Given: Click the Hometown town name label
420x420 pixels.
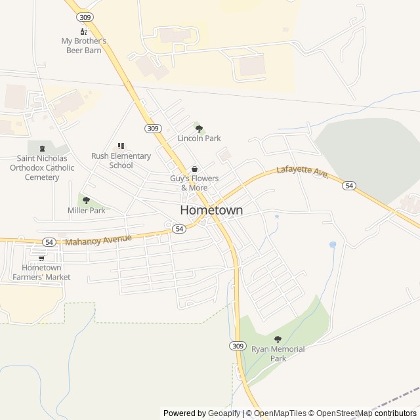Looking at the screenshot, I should click(x=211, y=211).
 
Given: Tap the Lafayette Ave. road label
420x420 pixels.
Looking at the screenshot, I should click(x=302, y=173).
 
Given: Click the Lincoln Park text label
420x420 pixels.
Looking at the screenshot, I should click(x=199, y=138).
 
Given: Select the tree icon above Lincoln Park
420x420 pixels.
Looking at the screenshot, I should click(x=199, y=129).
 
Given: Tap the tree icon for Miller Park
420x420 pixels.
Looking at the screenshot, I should click(x=86, y=200).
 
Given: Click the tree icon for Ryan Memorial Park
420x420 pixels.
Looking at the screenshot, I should click(x=278, y=339).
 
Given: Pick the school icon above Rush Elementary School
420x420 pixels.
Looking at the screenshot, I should click(x=121, y=146).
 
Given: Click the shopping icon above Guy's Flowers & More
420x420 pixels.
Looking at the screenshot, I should click(x=194, y=169).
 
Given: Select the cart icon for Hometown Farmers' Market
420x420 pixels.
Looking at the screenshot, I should click(x=41, y=258).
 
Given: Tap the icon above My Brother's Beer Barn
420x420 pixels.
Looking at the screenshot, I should click(x=83, y=31).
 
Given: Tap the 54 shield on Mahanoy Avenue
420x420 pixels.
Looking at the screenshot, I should click(x=49, y=242).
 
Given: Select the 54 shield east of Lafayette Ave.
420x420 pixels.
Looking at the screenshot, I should click(x=348, y=186).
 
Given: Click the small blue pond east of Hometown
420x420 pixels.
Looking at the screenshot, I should click(x=333, y=245).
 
